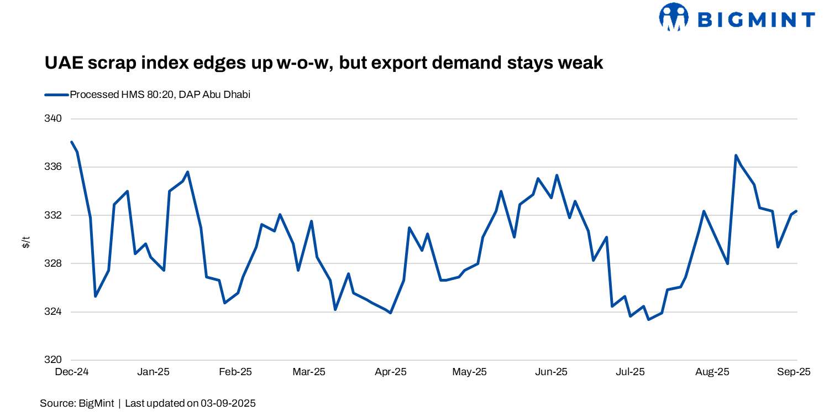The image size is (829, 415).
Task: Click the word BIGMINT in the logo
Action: (756, 20)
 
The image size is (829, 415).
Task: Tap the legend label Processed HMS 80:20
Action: (160, 95)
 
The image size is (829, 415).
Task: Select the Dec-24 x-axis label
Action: (72, 372)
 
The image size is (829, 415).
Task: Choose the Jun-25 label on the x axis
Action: (552, 372)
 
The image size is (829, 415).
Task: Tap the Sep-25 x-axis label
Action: (794, 372)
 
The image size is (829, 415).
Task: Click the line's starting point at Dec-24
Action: (72, 142)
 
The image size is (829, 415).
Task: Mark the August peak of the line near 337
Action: (736, 155)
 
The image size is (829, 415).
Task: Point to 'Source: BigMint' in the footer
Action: (77, 403)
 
